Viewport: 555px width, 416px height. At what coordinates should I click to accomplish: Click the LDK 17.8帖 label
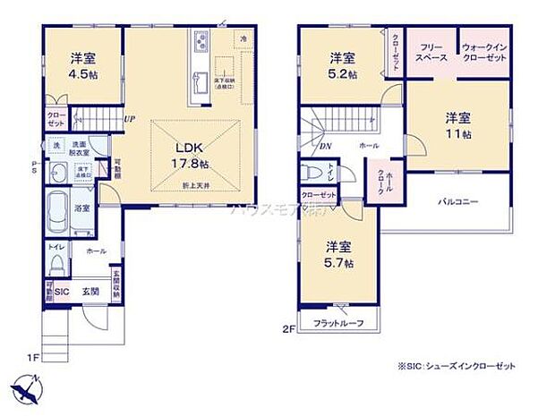click(187, 157)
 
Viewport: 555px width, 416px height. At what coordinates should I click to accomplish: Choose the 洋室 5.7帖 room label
click(339, 254)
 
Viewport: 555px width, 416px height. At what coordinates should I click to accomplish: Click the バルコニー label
click(459, 202)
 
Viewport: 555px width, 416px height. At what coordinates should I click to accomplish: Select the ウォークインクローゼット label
click(484, 51)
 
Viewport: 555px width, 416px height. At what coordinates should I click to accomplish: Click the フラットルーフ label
click(338, 323)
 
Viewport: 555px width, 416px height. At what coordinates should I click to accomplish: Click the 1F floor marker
click(33, 358)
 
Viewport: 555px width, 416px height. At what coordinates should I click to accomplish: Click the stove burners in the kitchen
click(199, 41)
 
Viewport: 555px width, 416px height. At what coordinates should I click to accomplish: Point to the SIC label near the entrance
click(62, 291)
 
